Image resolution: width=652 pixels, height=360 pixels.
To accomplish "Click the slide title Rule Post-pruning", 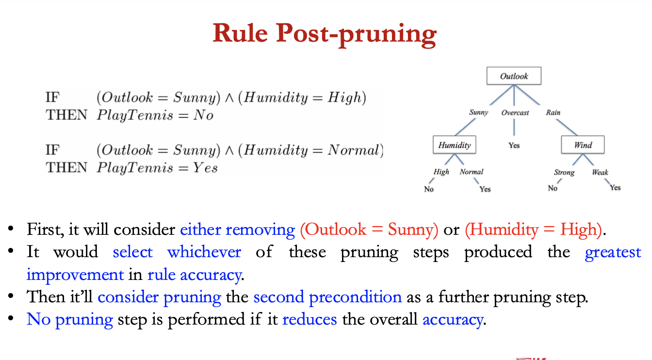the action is click(325, 33).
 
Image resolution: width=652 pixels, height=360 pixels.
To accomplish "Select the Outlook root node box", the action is click(514, 76).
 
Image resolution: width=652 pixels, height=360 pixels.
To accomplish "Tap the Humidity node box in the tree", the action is click(455, 145).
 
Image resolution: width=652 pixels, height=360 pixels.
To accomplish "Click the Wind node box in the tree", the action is click(583, 145).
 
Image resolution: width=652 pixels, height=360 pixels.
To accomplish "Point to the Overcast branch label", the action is click(515, 113).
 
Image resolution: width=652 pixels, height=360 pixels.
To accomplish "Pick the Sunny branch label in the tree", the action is click(478, 113).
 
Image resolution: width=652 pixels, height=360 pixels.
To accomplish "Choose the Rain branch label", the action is click(553, 113).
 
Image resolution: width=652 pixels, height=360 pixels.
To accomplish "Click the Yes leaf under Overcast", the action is click(514, 145).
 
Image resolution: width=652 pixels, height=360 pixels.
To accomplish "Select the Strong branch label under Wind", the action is click(564, 172).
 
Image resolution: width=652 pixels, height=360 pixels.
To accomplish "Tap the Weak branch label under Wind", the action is click(600, 172).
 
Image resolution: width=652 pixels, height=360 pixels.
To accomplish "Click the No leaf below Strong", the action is click(553, 188).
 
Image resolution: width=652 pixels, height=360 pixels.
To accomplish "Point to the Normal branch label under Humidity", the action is click(472, 172).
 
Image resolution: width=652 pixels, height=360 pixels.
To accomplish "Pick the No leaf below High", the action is click(429, 189).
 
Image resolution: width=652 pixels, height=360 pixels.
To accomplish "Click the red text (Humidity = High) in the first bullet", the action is click(533, 229).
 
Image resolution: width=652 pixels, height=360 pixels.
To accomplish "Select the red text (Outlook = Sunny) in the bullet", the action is click(369, 229).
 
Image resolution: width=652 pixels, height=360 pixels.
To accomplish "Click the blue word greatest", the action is click(613, 252).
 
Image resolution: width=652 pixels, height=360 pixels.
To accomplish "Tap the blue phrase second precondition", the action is click(327, 297).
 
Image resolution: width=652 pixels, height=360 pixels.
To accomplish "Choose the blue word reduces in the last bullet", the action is click(310, 319).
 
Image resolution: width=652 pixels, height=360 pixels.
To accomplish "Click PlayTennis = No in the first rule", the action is click(155, 115).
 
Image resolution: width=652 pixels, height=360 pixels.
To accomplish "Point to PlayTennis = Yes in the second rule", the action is click(157, 168).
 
